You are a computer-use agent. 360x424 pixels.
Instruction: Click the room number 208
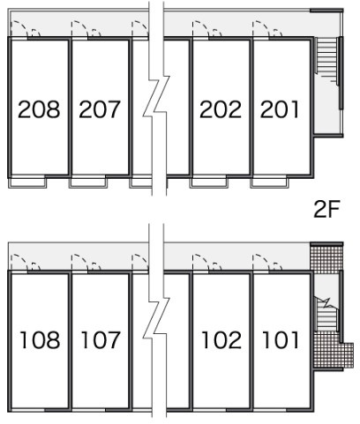click(x=39, y=109)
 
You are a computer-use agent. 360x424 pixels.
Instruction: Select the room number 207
click(x=100, y=109)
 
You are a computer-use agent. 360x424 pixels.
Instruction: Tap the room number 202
click(x=221, y=109)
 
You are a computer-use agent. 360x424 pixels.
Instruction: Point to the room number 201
click(x=280, y=109)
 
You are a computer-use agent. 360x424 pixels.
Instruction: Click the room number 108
click(x=40, y=340)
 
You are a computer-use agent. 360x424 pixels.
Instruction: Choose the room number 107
click(x=101, y=340)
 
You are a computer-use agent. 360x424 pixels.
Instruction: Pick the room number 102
click(x=221, y=340)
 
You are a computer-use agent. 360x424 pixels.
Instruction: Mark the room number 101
click(x=281, y=340)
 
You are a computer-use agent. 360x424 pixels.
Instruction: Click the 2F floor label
click(x=326, y=209)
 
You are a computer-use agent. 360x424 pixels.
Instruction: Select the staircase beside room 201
click(x=326, y=56)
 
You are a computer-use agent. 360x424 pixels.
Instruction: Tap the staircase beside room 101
click(x=326, y=316)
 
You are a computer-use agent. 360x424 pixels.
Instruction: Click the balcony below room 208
click(x=27, y=182)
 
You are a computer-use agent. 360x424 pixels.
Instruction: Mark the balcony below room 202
click(x=209, y=182)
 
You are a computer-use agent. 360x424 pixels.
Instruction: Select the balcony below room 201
click(x=269, y=182)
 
